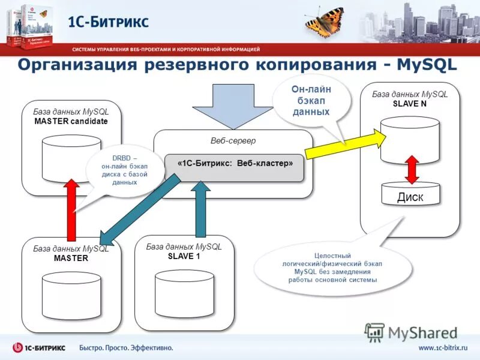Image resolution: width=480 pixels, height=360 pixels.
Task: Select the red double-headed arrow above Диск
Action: [411, 170]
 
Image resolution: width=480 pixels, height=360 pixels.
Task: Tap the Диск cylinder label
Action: [410, 197]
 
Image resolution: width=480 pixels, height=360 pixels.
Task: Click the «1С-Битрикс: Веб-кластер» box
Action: [235, 163]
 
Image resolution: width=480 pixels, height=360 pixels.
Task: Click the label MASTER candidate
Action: [71, 121]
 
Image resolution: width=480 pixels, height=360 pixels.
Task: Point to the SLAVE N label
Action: [409, 103]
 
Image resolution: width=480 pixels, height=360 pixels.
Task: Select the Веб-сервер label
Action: [233, 140]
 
